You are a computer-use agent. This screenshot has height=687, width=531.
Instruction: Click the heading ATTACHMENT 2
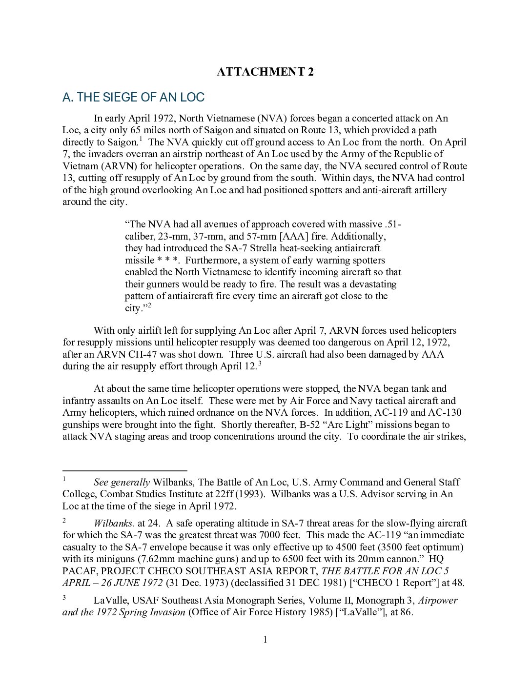(265, 72)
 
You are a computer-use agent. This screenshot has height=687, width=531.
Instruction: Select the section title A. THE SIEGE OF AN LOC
(133, 97)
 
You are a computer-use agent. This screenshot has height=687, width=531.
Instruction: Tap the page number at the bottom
(265, 640)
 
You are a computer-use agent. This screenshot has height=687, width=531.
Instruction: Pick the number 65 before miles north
(136, 130)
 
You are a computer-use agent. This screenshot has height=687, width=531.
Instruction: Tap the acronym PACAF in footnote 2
(80, 571)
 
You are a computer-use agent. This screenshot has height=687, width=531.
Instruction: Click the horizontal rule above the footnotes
(125, 471)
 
